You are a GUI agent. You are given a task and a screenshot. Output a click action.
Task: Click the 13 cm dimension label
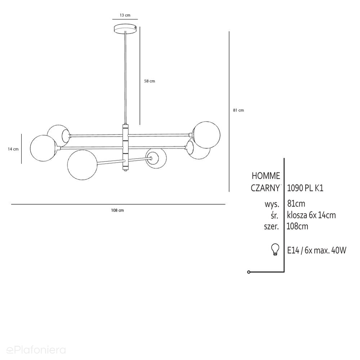[125, 15]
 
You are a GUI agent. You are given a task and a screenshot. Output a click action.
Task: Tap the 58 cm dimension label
[150, 81]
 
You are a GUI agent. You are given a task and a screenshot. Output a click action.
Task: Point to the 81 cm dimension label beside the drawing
[238, 110]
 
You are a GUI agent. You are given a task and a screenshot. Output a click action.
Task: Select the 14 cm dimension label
[13, 149]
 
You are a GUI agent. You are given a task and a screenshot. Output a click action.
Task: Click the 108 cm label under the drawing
[117, 210]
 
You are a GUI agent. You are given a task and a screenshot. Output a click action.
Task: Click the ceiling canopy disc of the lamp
[125, 29]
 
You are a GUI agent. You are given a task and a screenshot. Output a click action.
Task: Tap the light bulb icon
[275, 250]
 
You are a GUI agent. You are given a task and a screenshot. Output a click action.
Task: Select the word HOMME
[266, 176]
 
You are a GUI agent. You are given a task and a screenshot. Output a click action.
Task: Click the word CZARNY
[265, 188]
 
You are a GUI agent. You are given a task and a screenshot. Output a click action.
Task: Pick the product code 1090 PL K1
[305, 188]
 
